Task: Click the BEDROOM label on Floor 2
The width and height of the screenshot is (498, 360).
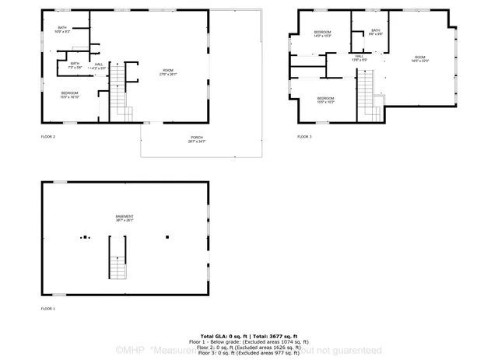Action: tap(71, 95)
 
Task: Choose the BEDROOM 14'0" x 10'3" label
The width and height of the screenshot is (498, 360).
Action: tap(322, 34)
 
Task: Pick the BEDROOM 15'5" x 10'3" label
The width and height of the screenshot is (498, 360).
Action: tap(325, 100)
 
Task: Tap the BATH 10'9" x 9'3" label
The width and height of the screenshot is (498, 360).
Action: tap(62, 30)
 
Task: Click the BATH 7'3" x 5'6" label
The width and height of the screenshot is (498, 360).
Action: tap(75, 65)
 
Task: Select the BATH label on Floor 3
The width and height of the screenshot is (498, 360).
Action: tap(375, 32)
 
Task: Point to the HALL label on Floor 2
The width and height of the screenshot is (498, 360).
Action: tap(98, 66)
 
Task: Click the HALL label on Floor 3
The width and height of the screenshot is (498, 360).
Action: tap(359, 58)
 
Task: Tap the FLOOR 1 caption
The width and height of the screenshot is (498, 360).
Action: tap(48, 309)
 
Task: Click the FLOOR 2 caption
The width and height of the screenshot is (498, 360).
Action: tap(48, 137)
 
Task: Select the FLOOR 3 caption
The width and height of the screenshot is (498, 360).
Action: tap(304, 137)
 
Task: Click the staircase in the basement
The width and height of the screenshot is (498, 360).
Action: tap(117, 260)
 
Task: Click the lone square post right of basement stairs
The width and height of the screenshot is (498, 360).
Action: tap(167, 237)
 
